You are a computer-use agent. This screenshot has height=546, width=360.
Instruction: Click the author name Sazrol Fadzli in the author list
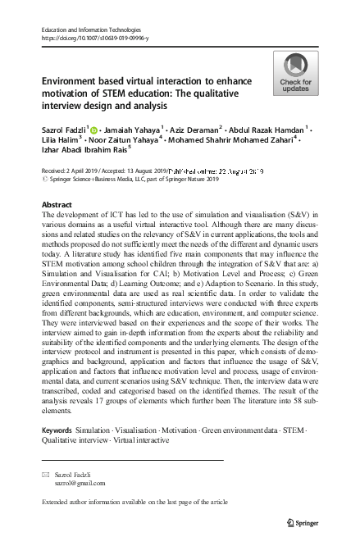click(x=63, y=130)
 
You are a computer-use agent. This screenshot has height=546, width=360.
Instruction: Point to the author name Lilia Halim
click(x=62, y=141)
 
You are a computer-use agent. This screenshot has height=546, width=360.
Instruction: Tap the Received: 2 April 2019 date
click(x=71, y=171)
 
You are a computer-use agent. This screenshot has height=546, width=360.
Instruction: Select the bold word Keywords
click(x=56, y=430)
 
